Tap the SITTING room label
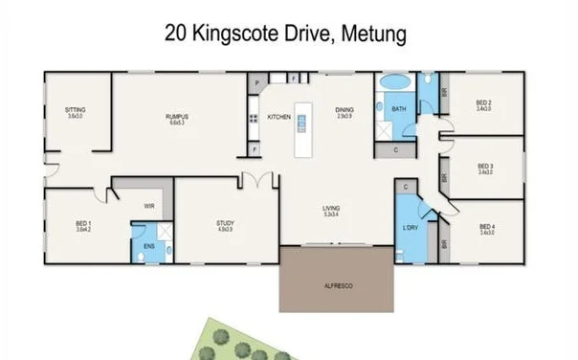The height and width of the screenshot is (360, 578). [x=75, y=111]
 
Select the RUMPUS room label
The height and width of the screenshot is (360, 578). [x=175, y=117]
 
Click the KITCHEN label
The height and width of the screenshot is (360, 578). [x=278, y=117]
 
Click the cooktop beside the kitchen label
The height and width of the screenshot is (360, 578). [x=255, y=120]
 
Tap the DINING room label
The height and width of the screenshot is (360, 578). [x=345, y=111]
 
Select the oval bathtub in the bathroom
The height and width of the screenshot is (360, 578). [x=394, y=84]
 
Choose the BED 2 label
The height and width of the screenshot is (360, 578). [x=484, y=104]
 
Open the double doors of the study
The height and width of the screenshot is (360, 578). [x=256, y=179]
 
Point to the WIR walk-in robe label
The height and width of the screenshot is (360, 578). [x=149, y=205]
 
